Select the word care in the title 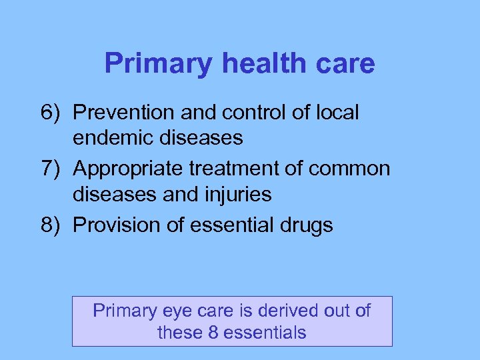click(347, 64)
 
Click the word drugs click(305, 225)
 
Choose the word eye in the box click(189, 311)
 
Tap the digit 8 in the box click(213, 332)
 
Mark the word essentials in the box click(265, 332)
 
